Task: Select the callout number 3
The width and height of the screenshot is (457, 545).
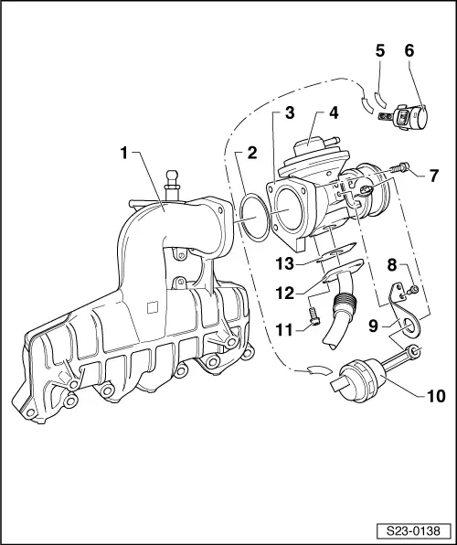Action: click(x=288, y=114)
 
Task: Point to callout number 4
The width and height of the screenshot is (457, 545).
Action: click(x=334, y=114)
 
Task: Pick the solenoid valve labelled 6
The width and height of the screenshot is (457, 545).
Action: click(x=411, y=120)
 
